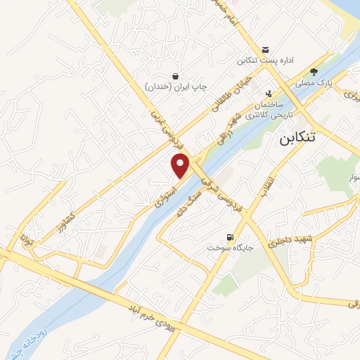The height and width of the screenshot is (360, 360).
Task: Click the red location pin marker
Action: (181, 165)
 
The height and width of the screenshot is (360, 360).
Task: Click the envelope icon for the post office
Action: (266, 49)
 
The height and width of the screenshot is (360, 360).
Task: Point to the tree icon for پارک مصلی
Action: (314, 72)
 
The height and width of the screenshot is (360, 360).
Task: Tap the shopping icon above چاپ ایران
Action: (175, 75)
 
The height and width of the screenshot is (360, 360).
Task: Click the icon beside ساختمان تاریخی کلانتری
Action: (269, 94)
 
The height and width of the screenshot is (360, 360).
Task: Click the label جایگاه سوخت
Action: (224, 247)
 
